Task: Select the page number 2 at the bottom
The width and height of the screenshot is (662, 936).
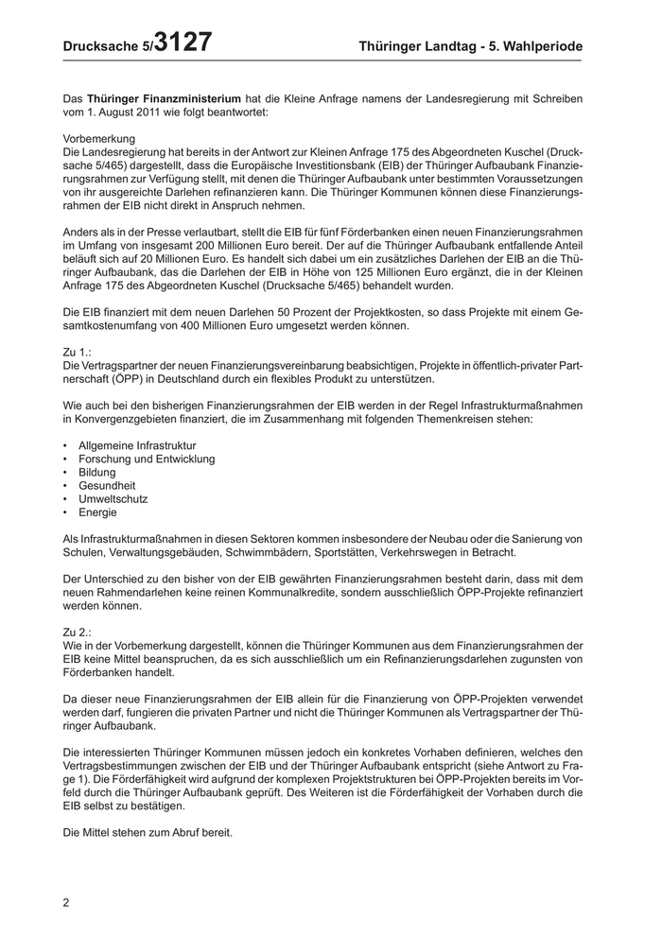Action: coord(66,902)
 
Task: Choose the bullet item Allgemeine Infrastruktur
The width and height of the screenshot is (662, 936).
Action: coord(138,445)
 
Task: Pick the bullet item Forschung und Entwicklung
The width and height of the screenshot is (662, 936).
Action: coord(147,459)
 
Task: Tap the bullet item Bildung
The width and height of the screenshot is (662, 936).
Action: coord(97,472)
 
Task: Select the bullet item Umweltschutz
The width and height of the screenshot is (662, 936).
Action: coord(113,499)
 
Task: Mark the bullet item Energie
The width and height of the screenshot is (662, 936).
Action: coord(98,512)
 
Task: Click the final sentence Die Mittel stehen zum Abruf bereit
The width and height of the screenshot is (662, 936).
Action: coord(147,833)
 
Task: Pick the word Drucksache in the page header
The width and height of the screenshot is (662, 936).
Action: coord(101,46)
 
